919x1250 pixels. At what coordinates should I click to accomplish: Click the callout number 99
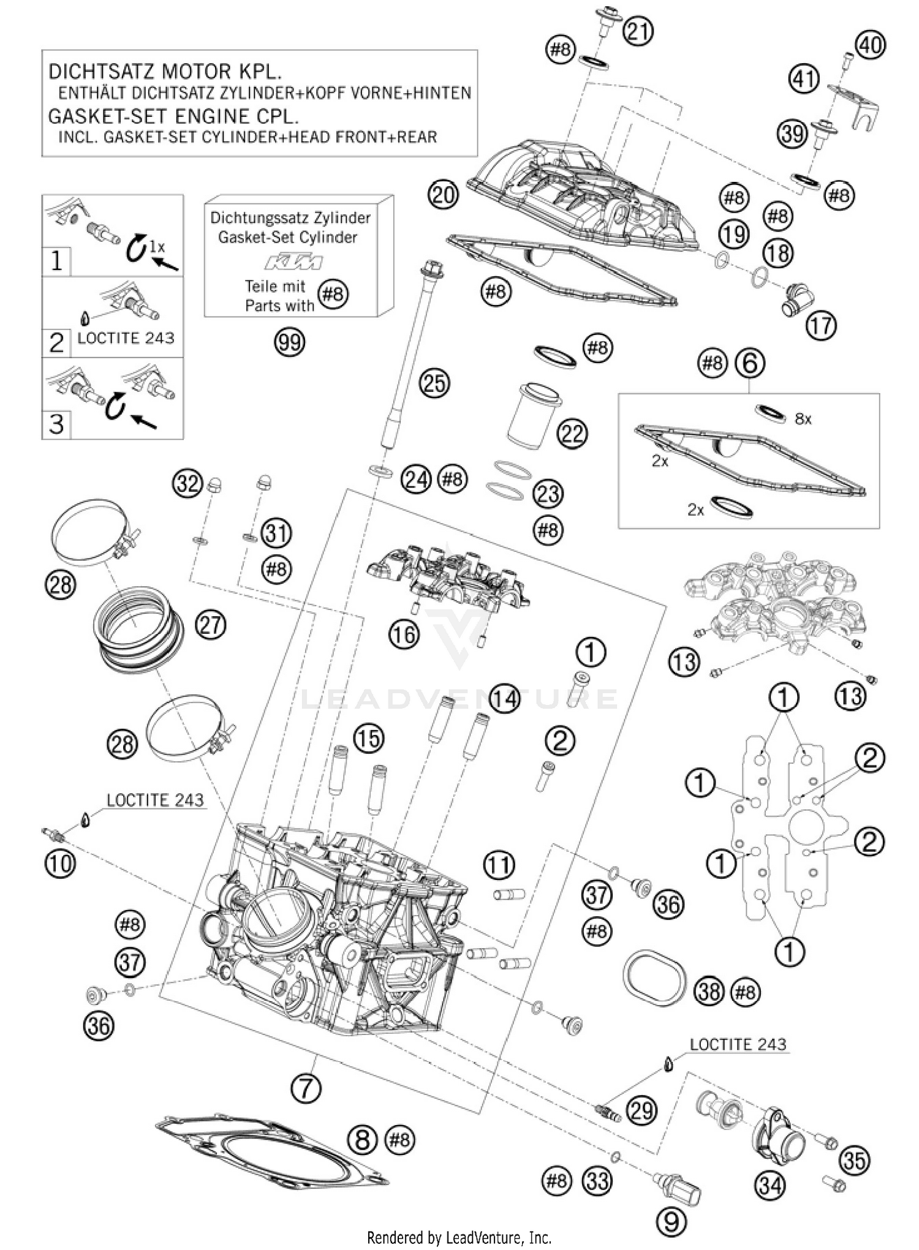(289, 342)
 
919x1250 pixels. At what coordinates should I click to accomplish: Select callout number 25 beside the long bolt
(434, 383)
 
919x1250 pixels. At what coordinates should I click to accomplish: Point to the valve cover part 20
(582, 196)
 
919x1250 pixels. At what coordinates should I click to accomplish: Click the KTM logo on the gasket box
(293, 263)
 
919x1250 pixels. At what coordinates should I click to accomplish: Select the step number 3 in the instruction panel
(56, 424)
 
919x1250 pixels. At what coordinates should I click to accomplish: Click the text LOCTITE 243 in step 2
(126, 338)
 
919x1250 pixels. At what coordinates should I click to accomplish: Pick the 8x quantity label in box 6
(803, 420)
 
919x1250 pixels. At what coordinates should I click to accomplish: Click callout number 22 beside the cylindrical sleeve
(572, 434)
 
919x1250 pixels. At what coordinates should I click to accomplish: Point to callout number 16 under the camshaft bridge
(404, 634)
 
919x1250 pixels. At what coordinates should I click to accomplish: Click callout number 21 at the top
(638, 31)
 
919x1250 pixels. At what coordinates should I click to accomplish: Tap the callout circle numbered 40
(870, 45)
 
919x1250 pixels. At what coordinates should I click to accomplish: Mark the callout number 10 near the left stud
(59, 864)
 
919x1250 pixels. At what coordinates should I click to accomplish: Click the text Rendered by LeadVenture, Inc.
(459, 1238)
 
